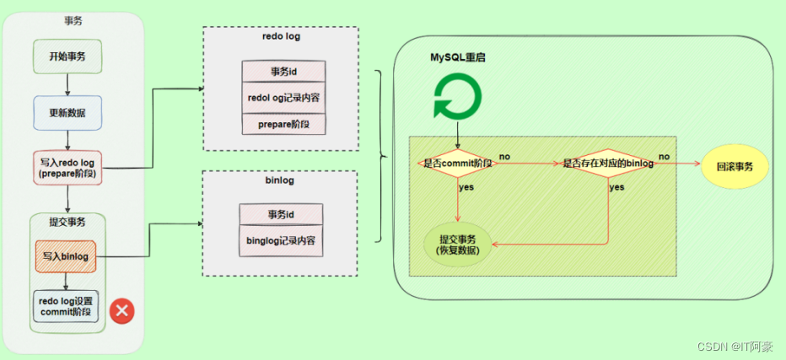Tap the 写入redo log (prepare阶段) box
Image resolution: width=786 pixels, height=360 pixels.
click(67, 168)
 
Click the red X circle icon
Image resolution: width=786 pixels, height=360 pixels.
click(122, 310)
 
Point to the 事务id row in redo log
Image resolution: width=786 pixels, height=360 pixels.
click(283, 72)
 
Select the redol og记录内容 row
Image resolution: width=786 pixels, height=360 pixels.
click(283, 98)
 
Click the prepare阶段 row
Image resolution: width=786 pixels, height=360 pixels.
click(283, 123)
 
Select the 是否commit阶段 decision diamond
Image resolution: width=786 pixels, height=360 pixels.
click(457, 163)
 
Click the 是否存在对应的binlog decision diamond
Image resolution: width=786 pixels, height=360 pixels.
click(608, 163)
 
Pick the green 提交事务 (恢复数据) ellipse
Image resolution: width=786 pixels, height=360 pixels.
click(458, 244)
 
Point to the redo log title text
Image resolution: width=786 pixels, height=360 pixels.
click(282, 37)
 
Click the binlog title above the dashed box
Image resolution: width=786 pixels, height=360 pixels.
click(280, 180)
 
